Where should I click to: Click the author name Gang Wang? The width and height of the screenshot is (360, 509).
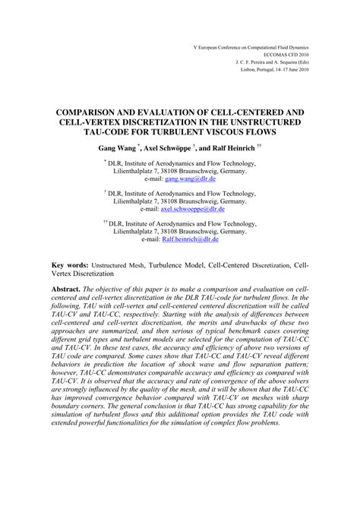point(136,147)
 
